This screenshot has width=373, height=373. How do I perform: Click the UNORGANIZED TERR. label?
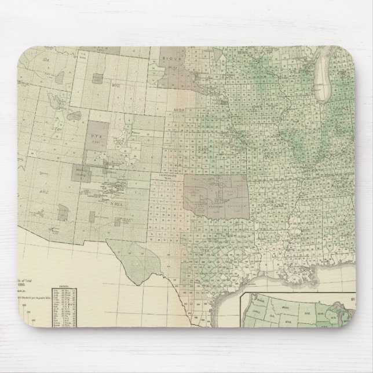click(171, 176)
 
